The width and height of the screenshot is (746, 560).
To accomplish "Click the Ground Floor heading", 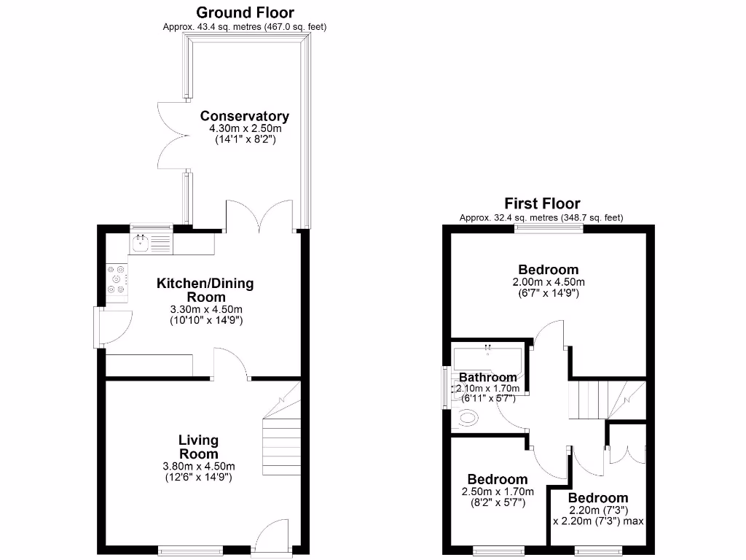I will coord(245,12).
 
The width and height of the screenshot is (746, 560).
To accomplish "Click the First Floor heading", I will coord(542,203).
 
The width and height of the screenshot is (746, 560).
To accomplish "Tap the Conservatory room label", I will coord(245,116).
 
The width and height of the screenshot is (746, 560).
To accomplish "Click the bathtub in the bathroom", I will coord(487,359).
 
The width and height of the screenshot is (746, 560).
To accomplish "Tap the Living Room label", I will coord(198,446).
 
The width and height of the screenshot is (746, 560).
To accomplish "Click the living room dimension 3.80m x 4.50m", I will coord(198,467).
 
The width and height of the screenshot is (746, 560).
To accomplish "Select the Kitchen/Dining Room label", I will coord(205,289).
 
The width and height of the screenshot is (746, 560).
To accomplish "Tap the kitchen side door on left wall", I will coord(114,326).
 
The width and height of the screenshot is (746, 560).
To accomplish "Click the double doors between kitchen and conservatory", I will coord(262,217).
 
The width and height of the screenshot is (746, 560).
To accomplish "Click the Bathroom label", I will coord(487,377).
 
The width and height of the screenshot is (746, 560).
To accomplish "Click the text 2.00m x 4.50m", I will coord(548,282).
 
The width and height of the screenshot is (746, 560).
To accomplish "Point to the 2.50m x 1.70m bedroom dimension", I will coord(498,491).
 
